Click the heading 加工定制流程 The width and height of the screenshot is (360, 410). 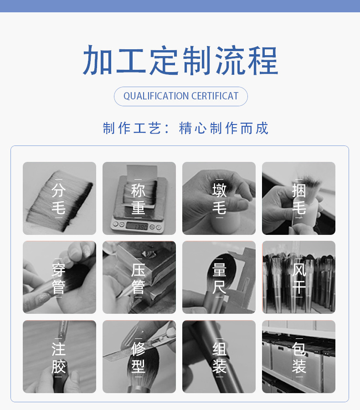pos(180,60)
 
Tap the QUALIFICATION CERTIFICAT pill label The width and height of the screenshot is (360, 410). pos(181,96)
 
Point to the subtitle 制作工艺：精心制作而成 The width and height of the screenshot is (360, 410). pos(185,128)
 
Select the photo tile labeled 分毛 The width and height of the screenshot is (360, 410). pos(59,198)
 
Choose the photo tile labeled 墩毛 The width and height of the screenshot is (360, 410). pos(219,198)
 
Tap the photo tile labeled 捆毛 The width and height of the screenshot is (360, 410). pos(298,198)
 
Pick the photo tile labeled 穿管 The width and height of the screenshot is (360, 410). pos(59,277)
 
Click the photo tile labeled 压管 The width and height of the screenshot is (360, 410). pos(139,277)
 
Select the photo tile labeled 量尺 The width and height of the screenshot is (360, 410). pos(219,277)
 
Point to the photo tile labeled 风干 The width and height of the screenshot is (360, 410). pos(298,277)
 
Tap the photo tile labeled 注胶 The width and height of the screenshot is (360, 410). pos(59,357)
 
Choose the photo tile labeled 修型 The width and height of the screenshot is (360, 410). pos(139,357)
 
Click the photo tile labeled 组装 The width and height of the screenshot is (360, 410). pos(219,357)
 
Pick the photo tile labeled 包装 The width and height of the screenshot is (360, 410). pos(298,357)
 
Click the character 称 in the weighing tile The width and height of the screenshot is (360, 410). pos(139,190)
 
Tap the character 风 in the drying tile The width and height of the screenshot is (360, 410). pos(299,269)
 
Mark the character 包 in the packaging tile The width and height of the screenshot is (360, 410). pos(299,348)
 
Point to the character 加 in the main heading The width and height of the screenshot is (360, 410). pos(98,60)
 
